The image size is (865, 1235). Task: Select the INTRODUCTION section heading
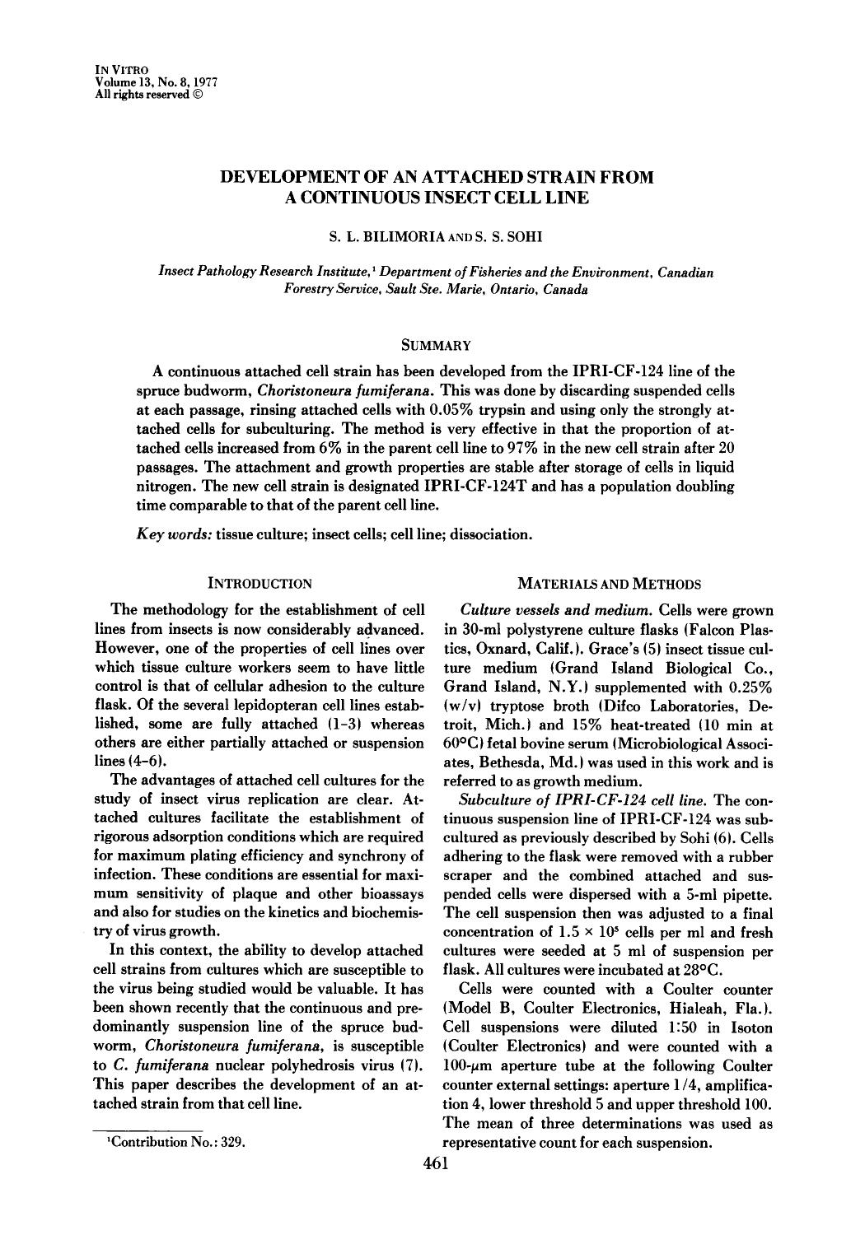pyautogui.click(x=259, y=584)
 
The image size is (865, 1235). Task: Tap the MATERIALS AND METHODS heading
pyautogui.click(x=609, y=584)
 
